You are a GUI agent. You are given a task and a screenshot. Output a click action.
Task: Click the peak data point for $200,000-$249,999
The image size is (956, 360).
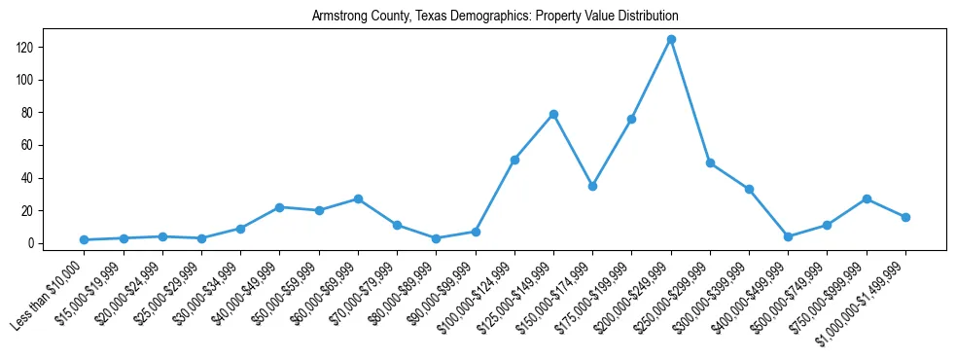671,39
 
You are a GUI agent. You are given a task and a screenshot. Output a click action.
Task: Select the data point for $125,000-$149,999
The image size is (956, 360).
553,114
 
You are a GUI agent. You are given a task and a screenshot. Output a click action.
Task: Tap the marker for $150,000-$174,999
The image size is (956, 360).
592,186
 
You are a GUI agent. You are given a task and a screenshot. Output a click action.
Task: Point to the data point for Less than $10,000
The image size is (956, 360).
85,239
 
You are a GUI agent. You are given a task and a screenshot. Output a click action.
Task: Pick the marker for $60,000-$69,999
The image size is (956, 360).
358,198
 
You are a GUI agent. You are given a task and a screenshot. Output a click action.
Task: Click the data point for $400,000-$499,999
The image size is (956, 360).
788,236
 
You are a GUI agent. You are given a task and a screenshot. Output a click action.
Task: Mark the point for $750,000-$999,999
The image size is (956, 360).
867,198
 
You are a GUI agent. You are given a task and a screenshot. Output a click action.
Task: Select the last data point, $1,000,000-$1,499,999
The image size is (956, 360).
905,217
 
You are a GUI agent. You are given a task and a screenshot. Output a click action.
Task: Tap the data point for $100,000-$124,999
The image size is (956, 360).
514,160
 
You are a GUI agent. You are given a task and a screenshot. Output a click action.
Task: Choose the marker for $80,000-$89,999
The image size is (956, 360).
437,238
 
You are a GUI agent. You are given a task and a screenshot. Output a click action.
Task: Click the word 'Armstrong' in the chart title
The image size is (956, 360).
337,17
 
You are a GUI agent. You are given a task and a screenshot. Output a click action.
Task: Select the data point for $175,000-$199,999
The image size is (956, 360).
631,119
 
